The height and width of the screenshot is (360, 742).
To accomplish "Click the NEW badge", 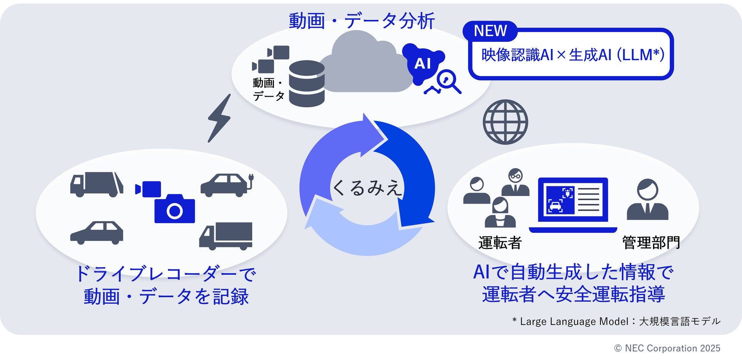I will (x=490, y=31).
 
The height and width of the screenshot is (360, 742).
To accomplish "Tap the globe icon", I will (x=505, y=122).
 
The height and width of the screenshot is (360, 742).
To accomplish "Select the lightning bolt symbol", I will (x=220, y=118).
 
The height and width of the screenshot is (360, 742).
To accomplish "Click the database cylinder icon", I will (x=307, y=84).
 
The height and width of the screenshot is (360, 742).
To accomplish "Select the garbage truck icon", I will (x=97, y=185).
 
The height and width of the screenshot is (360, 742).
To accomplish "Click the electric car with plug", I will (x=227, y=185).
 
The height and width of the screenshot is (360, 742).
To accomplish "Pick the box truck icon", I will (x=226, y=236).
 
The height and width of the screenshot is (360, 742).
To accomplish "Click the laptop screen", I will (x=573, y=200).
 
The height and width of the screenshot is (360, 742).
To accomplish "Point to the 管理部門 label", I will (x=651, y=243).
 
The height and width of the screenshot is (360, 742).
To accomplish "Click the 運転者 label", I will (x=500, y=243).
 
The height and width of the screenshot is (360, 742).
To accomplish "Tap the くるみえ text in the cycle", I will (x=367, y=188).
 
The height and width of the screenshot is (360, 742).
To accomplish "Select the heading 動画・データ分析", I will (x=361, y=21).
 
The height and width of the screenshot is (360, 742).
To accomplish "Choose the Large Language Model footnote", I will (x=616, y=322).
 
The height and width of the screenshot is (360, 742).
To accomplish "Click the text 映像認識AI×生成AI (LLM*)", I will (x=573, y=55).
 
